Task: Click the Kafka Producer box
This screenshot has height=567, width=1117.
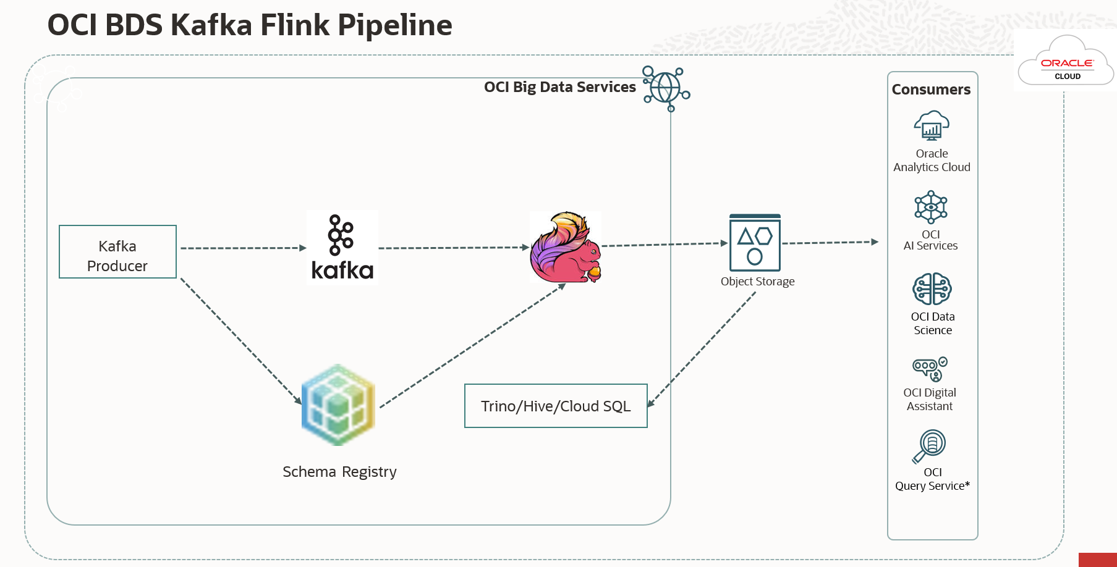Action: tap(117, 252)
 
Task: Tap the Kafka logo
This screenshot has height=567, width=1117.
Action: tap(342, 247)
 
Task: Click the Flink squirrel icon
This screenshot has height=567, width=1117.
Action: tap(566, 247)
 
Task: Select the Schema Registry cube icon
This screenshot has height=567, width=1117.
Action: tap(338, 405)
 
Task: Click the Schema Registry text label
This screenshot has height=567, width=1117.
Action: tap(339, 472)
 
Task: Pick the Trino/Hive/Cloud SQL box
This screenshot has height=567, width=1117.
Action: tap(556, 406)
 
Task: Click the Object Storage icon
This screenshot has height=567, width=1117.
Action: tap(755, 243)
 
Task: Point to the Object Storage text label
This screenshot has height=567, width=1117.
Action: tap(757, 282)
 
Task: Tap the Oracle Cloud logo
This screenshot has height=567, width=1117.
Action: tap(1066, 62)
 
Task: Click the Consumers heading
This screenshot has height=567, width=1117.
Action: tap(931, 90)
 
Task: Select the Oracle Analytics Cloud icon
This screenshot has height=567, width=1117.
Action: tap(932, 126)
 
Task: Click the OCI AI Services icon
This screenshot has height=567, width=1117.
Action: tap(931, 207)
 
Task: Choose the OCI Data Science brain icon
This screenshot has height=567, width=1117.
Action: tap(932, 288)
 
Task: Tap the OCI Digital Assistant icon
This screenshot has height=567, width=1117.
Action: tap(930, 369)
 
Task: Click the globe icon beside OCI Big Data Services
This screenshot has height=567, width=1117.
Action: tap(666, 88)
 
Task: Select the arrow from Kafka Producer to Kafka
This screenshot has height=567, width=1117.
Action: tap(241, 248)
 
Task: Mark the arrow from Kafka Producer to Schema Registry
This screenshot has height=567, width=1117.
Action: tap(241, 341)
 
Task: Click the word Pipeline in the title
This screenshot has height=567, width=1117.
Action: tap(395, 26)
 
